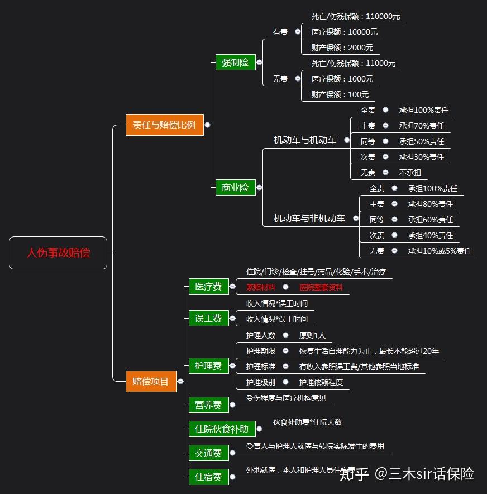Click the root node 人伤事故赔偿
pos(58,253)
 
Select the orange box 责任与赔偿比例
pos(164,125)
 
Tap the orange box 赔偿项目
pos(151,381)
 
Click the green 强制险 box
pos(235,62)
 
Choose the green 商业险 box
pos(235,187)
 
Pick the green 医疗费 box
pos(208,287)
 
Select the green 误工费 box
pos(208,319)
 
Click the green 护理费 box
pos(208,366)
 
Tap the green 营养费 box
pos(208,405)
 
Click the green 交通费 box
pos(208,453)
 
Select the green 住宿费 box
pos(208,477)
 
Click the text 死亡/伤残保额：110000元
pos(356,16)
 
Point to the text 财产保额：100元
pos(340,94)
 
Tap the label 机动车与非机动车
pos(309,218)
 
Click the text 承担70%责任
pos(422,126)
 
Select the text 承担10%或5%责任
pos(440,251)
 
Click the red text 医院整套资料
pos(321,287)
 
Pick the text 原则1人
pos(312,335)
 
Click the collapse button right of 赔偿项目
pos(180,382)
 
